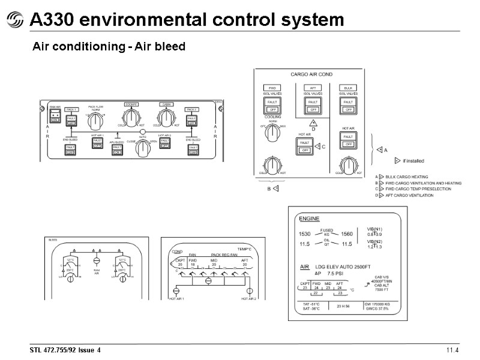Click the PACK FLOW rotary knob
(94, 121)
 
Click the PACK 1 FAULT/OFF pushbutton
(71, 121)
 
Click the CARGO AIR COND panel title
(311, 74)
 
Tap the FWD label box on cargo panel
(272, 88)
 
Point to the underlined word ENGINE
(310, 218)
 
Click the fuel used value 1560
(347, 233)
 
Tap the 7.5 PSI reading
(335, 273)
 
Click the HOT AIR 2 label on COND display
(248, 298)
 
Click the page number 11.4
(452, 350)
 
